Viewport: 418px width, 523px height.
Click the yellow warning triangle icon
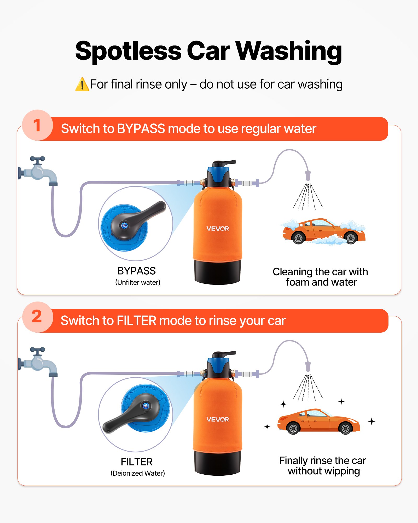coord(82,84)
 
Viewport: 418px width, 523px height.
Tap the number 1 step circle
coord(37,125)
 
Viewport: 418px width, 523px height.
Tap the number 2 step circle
coord(37,317)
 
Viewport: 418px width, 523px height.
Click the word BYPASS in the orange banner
coord(141,129)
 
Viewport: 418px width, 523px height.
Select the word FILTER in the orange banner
coord(136,321)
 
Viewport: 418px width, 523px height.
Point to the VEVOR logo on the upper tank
coord(217,229)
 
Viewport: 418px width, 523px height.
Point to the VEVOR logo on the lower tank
coord(217,419)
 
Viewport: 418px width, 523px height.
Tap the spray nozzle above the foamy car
coord(308,176)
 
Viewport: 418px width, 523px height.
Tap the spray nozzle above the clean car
coord(308,367)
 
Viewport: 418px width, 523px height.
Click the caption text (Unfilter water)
coord(138,282)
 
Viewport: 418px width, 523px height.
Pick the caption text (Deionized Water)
coord(138,473)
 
